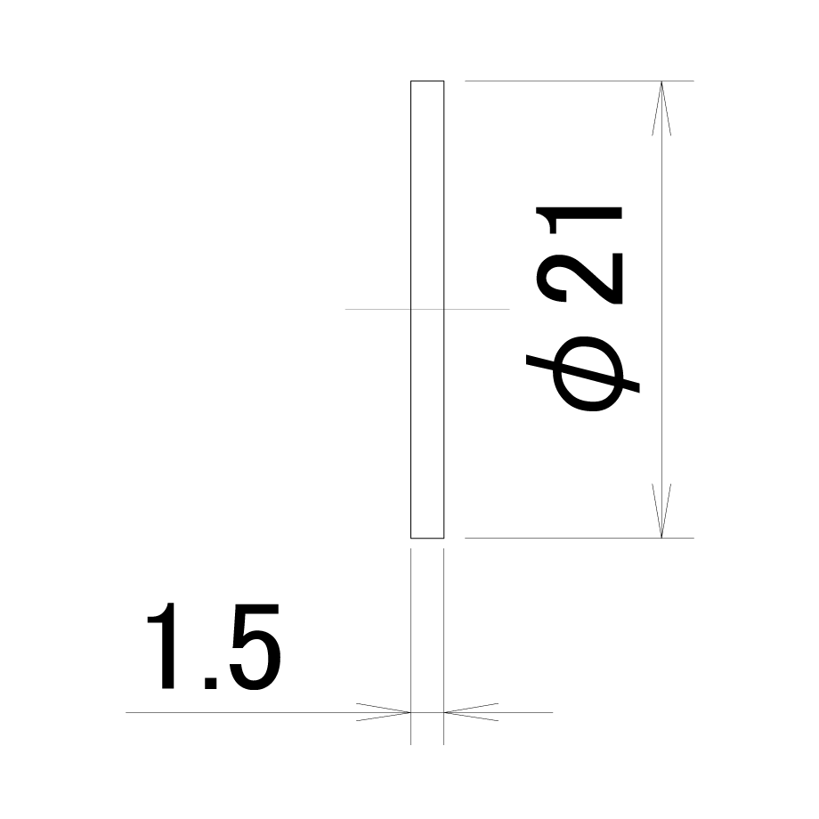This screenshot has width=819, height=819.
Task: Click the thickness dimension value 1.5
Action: pos(214,646)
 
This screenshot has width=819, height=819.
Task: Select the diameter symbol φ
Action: pos(582,374)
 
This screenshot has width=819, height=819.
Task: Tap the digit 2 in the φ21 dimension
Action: pos(580,279)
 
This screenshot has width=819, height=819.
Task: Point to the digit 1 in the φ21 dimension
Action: pos(580,220)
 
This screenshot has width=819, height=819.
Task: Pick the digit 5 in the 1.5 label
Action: pos(255,647)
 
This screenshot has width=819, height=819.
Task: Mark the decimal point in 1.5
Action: pos(210,683)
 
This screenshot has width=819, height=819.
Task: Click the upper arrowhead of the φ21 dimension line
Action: pos(661,108)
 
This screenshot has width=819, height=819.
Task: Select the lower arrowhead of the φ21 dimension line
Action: pos(661,510)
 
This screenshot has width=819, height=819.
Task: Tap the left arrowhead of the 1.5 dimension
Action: pos(384,712)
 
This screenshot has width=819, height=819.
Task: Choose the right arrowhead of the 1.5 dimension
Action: pos(471,712)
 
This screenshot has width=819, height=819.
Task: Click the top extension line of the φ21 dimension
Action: pos(580,81)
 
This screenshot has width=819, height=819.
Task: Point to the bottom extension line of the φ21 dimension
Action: pos(580,538)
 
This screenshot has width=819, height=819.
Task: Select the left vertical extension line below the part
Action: pos(410,646)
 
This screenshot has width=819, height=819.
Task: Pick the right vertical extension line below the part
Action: pos(444,646)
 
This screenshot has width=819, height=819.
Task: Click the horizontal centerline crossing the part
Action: pos(427,309)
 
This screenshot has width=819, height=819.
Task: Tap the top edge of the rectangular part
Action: pos(427,81)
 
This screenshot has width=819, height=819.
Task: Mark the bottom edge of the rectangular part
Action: pos(427,538)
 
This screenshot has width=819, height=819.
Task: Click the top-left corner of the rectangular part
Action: pos(410,81)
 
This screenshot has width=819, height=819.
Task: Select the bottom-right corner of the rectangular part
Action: pos(444,538)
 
